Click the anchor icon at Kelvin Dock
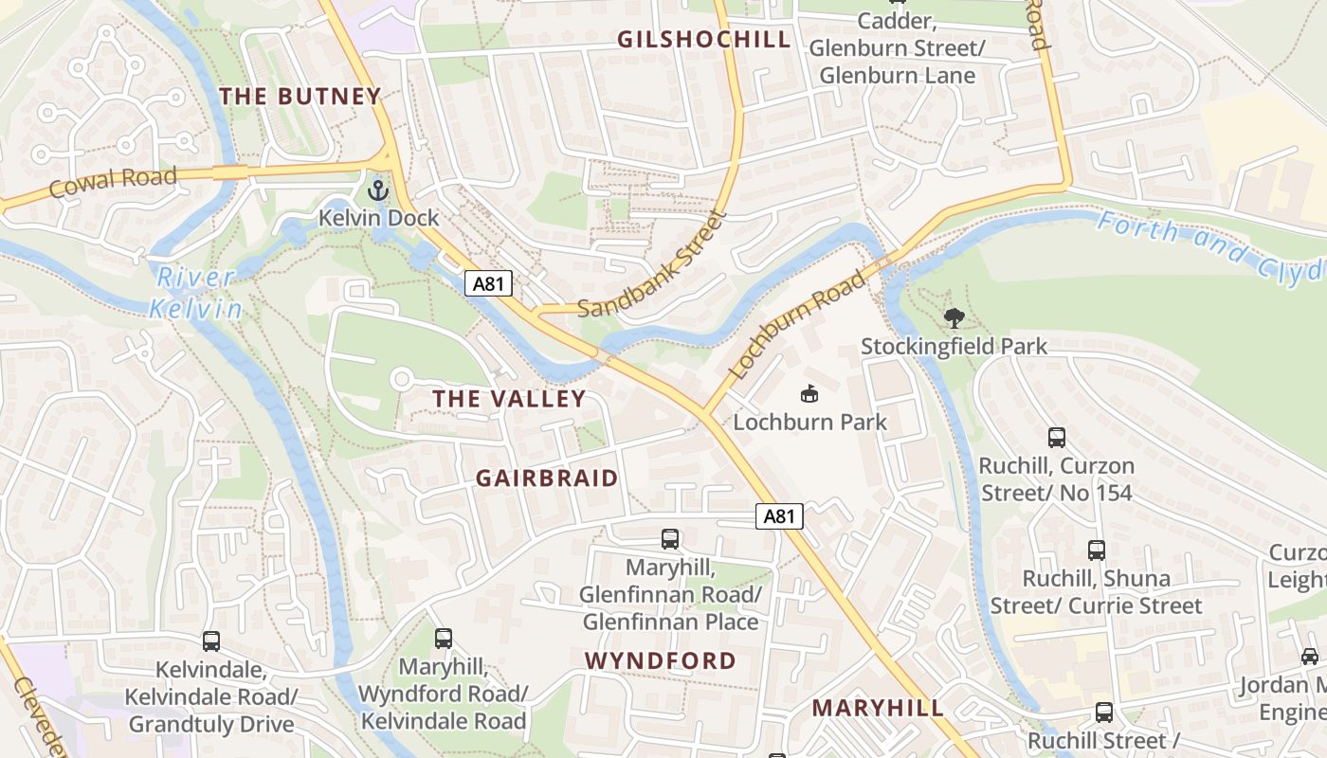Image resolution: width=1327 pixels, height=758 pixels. click(x=378, y=190)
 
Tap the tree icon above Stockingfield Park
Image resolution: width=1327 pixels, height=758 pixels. click(x=954, y=318)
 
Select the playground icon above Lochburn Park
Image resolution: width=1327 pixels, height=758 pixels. click(x=809, y=393)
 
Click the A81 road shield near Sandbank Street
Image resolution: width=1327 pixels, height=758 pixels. click(x=488, y=282)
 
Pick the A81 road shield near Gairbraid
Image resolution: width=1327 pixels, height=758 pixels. click(x=779, y=516)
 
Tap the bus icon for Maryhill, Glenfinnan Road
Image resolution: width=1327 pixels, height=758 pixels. click(x=670, y=539)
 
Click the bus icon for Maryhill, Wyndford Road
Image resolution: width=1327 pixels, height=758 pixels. click(x=443, y=639)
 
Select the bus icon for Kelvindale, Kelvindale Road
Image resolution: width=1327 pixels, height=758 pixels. click(x=211, y=641)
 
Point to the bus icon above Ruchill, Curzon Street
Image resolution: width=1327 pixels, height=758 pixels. click(x=1057, y=438)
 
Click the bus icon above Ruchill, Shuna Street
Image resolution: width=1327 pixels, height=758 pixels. click(x=1097, y=550)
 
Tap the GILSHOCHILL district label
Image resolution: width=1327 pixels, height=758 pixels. click(x=703, y=39)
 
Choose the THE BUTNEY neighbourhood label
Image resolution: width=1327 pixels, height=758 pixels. click(x=300, y=96)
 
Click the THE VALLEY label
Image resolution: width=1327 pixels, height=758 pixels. click(x=509, y=399)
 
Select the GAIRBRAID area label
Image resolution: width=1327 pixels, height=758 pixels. click(x=547, y=478)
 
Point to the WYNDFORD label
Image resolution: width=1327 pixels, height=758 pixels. click(x=660, y=660)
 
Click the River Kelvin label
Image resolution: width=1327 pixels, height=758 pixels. click(x=195, y=293)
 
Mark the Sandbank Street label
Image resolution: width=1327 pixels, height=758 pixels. click(x=651, y=265)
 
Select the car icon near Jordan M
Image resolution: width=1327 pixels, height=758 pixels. click(x=1309, y=656)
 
